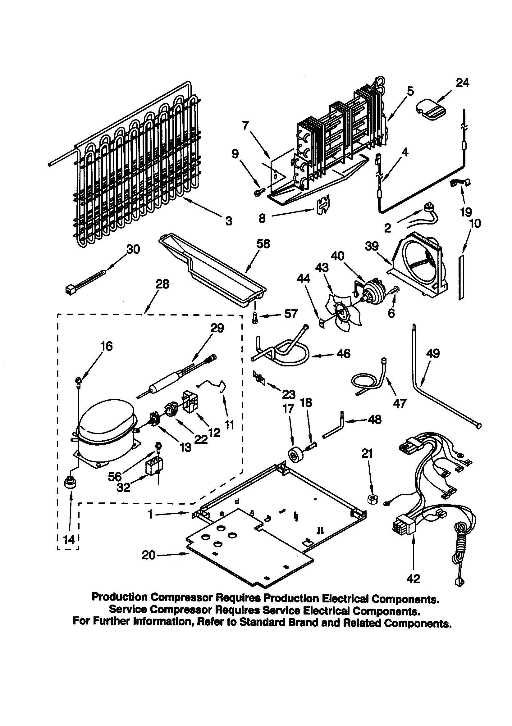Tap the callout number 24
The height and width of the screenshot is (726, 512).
coord(462,83)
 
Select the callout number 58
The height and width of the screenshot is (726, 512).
coord(263,244)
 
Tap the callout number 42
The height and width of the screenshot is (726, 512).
coord(413,579)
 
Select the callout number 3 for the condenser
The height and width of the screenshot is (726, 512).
coord(229,220)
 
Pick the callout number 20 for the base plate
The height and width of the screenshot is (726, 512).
coord(149,555)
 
